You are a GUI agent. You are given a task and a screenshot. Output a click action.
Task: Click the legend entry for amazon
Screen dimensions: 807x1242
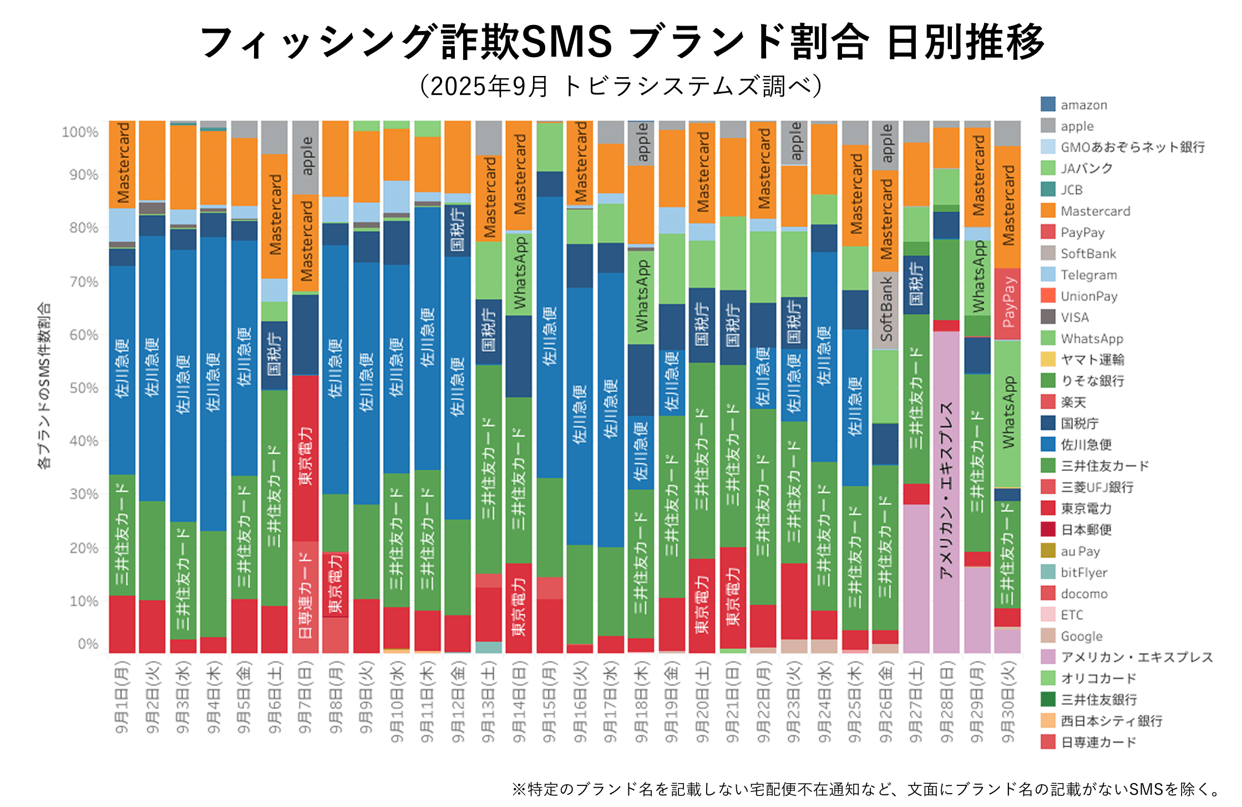[x=1083, y=105]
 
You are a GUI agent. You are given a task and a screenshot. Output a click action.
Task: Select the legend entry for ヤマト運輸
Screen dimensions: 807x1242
[x=1092, y=359]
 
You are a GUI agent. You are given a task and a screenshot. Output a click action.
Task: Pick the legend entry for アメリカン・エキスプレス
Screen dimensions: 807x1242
[x=1136, y=657]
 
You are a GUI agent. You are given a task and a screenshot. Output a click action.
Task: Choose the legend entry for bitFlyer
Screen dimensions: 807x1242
[x=1083, y=572]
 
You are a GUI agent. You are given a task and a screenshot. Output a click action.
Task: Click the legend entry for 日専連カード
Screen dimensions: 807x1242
[x=1098, y=742]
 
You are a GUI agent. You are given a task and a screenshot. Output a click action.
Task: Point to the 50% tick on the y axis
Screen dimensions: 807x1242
[x=84, y=388]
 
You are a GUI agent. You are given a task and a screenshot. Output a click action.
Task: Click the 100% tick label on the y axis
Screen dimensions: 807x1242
[x=80, y=132]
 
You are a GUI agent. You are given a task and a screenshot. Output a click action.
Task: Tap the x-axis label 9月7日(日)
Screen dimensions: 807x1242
[x=305, y=697]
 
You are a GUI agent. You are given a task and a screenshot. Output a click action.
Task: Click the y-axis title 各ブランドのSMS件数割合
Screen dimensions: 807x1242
[x=44, y=385]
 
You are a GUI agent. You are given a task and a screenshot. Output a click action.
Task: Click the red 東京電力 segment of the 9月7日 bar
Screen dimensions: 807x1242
[x=306, y=458]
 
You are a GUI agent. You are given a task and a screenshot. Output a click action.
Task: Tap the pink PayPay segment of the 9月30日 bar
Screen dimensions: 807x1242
[x=1007, y=303]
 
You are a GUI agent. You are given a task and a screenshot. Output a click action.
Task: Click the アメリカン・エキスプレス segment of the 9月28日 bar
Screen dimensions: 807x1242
[x=946, y=491]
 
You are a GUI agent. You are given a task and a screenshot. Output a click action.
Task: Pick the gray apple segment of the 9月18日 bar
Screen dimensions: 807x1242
[x=641, y=143]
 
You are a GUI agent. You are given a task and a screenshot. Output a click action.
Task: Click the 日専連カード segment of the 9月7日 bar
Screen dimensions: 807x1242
[x=306, y=596]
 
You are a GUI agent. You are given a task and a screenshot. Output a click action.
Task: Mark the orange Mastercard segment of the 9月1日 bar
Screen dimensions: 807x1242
[x=123, y=164]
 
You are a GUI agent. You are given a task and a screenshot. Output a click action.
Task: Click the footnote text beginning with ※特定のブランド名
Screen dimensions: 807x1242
[x=868, y=789]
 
